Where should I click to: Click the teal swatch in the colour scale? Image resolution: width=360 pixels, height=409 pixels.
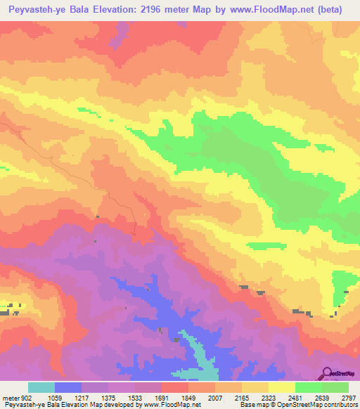pos(41,388)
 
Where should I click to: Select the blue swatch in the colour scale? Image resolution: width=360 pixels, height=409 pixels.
pos(68,388)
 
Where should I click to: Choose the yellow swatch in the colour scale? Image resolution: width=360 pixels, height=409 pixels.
pos(281,388)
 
